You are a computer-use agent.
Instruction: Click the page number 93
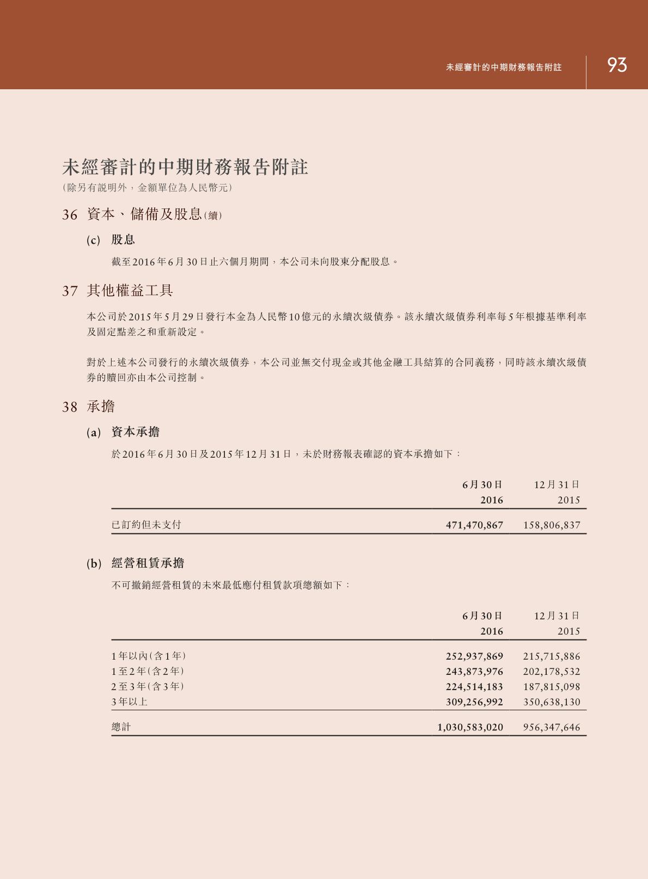(x=617, y=65)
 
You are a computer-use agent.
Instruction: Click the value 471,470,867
(x=474, y=525)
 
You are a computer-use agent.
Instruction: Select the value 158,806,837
(x=552, y=525)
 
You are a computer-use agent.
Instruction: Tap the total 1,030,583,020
(x=470, y=727)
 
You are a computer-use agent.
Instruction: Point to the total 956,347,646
(x=552, y=727)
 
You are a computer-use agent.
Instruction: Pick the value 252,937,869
(x=474, y=656)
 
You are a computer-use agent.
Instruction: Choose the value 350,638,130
(x=552, y=702)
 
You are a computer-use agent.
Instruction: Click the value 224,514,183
(x=474, y=687)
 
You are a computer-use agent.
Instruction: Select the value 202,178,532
(x=552, y=672)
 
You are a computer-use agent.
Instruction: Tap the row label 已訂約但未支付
(x=146, y=525)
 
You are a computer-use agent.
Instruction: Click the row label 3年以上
(x=130, y=702)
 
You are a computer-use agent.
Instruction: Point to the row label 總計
(x=121, y=727)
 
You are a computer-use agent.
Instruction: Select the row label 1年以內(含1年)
(x=149, y=656)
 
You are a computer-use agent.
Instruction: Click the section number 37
(x=70, y=291)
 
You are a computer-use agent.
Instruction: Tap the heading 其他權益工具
(x=130, y=291)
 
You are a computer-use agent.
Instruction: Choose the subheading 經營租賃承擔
(x=148, y=563)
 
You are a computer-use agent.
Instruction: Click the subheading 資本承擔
(x=135, y=432)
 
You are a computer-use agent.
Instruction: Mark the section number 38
(x=70, y=407)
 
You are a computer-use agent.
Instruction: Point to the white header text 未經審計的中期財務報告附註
(x=504, y=67)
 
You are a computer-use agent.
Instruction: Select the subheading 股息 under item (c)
(x=123, y=240)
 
